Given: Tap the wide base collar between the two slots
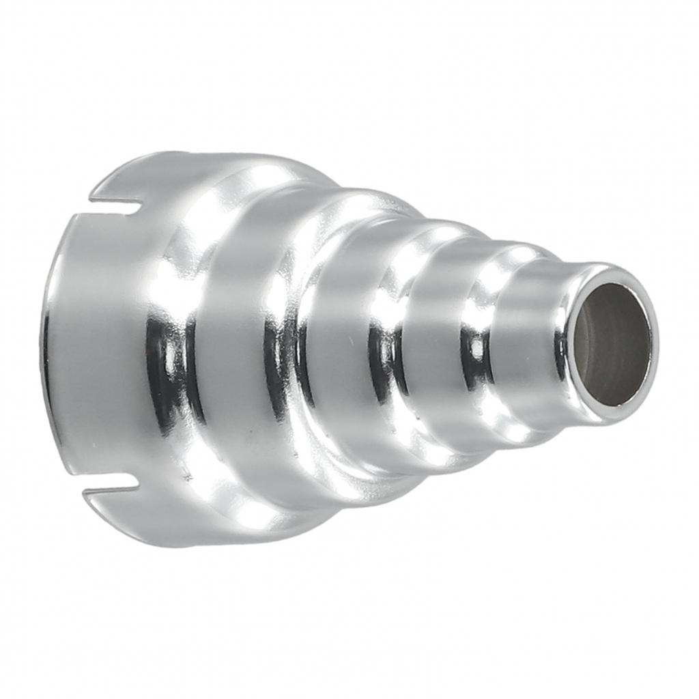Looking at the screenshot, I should (x=102, y=341).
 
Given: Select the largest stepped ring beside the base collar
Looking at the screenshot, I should (x=239, y=341).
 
